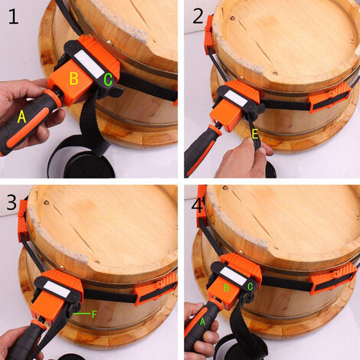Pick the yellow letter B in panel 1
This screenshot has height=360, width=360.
[x=74, y=78]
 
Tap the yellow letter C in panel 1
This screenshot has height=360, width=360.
[x=108, y=79]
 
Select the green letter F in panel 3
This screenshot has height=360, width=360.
[x=93, y=313]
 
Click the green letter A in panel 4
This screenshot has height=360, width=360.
[x=203, y=322]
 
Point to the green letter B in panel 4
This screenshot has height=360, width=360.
[x=226, y=287]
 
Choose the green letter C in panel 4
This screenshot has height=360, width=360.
[x=250, y=287]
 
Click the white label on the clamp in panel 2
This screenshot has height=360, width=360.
[x=234, y=100]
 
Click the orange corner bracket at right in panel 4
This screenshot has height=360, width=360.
[x=334, y=277]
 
